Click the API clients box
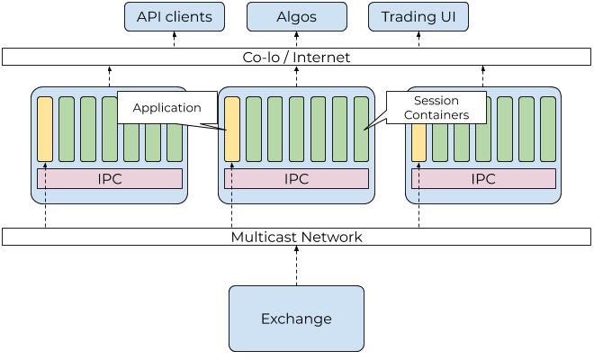click(175, 16)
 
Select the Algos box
click(296, 16)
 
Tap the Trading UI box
click(418, 16)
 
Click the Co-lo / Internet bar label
click(296, 57)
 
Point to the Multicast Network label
click(296, 238)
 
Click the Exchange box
click(296, 319)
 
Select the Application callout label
click(166, 108)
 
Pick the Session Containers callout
click(436, 108)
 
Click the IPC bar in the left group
click(110, 178)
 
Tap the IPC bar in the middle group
click(296, 178)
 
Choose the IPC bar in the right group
click(483, 178)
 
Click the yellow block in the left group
click(45, 128)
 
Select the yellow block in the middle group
click(231, 128)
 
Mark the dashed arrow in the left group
click(45, 184)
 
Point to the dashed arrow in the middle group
click(231, 184)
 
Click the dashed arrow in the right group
click(418, 184)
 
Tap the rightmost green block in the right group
click(548, 128)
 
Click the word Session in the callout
click(436, 101)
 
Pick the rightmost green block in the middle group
click(361, 128)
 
